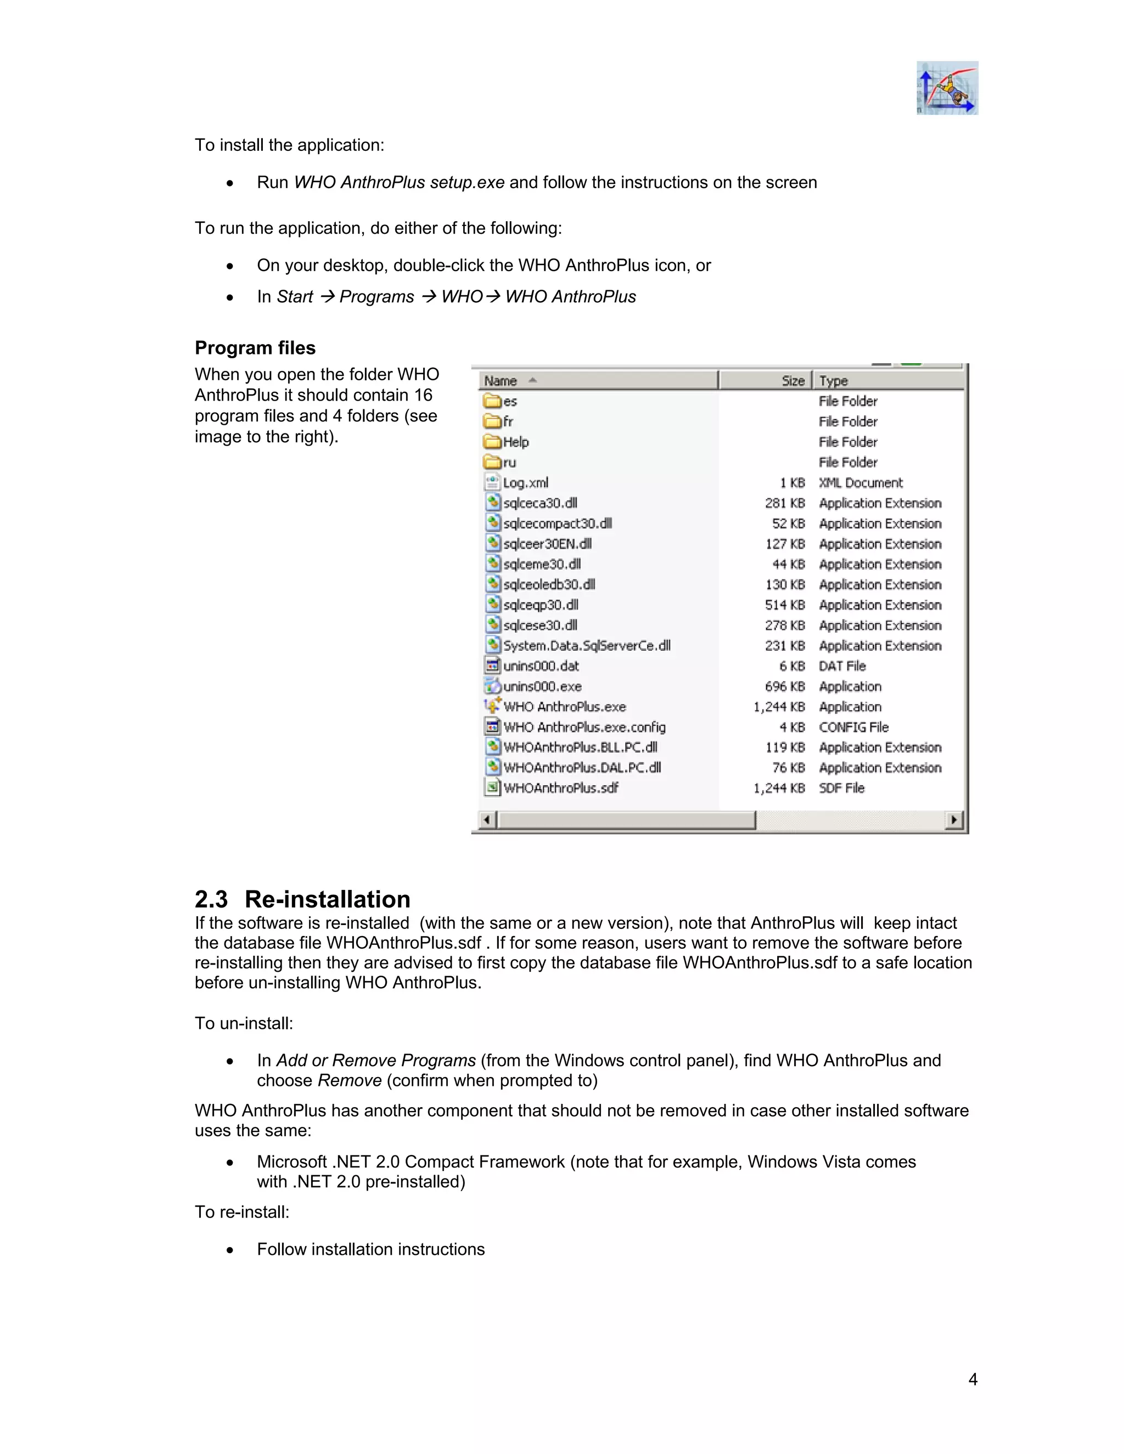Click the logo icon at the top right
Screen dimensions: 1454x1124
(x=947, y=88)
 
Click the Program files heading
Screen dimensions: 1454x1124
(x=255, y=348)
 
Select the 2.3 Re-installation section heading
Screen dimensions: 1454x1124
(x=302, y=899)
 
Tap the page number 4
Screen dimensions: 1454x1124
(x=973, y=1379)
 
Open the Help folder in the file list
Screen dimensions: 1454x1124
(x=515, y=442)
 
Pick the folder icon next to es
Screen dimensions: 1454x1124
(x=492, y=401)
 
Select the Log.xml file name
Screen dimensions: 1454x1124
(x=525, y=483)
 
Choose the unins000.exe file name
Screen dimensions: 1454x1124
(x=542, y=686)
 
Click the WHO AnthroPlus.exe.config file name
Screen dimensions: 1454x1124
(x=584, y=727)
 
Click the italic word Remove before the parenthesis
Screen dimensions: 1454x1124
(x=350, y=1080)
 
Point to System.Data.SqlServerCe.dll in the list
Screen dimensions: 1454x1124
(x=587, y=646)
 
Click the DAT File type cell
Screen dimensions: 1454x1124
(x=842, y=666)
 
